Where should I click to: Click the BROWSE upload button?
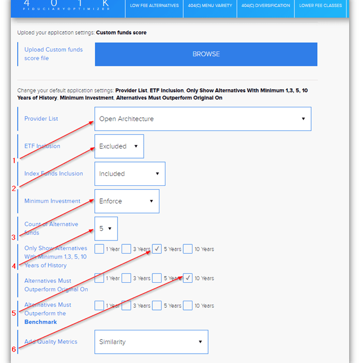[206, 54]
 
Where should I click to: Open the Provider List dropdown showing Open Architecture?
[202, 119]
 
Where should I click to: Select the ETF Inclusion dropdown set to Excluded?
[119, 146]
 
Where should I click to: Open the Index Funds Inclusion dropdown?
[130, 174]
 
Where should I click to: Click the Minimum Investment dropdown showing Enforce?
[126, 201]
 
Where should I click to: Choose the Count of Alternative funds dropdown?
[106, 229]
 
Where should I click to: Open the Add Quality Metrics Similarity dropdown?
[151, 342]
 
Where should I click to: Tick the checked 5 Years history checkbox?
[157, 249]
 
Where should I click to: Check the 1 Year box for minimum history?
[99, 249]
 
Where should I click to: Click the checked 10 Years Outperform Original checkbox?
[188, 278]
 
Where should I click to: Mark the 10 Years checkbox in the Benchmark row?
[188, 306]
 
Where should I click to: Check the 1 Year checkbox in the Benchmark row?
[99, 306]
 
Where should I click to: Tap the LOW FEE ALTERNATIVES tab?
[155, 6]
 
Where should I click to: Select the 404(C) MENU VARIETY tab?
[209, 6]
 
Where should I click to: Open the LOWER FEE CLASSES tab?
[321, 6]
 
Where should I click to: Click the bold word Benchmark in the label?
[41, 322]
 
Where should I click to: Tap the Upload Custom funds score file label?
[53, 54]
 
